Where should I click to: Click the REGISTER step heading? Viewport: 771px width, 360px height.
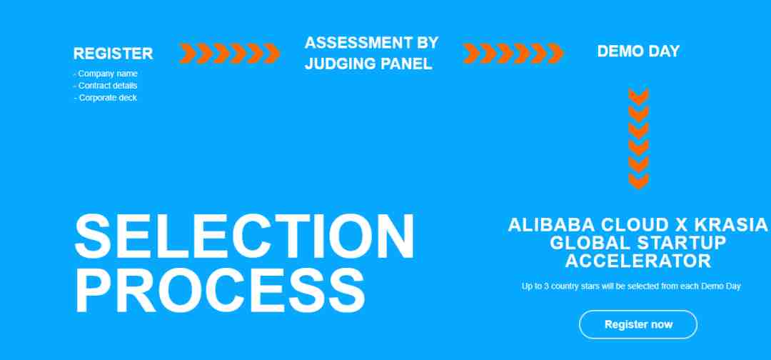click(x=113, y=53)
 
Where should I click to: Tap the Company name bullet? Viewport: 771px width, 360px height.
click(x=106, y=74)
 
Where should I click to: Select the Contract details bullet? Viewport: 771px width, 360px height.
click(x=106, y=86)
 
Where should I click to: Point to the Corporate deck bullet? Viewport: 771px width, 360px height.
click(x=106, y=98)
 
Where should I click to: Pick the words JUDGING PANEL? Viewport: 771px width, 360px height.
click(x=369, y=64)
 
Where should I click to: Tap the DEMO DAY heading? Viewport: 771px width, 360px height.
click(x=638, y=51)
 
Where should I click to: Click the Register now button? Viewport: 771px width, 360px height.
click(x=638, y=324)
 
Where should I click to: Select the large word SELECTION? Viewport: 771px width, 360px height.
click(x=245, y=237)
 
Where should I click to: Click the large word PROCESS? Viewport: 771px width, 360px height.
click(x=220, y=291)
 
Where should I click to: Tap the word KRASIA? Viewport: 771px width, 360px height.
click(x=731, y=225)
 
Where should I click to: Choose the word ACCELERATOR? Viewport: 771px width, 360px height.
click(x=638, y=261)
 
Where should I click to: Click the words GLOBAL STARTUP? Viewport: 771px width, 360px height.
click(x=638, y=243)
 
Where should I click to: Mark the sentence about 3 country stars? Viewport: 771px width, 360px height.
click(x=631, y=286)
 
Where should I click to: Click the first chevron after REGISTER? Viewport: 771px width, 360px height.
click(x=187, y=54)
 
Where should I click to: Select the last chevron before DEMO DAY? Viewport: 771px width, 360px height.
click(x=555, y=54)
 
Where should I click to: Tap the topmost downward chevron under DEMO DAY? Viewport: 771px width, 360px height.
click(x=639, y=96)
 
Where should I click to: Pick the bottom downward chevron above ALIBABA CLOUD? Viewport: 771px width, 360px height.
click(x=639, y=181)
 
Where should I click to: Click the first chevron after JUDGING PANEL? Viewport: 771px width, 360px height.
click(x=471, y=54)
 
